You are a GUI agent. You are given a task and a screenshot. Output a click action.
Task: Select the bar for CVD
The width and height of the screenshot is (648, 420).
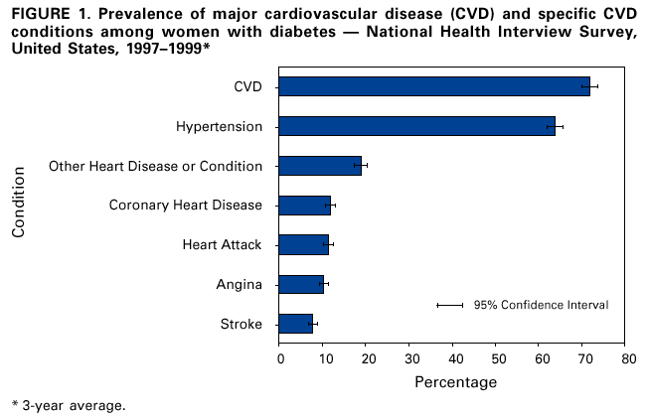434,86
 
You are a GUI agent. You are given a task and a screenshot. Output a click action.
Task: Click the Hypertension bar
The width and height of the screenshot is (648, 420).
416,126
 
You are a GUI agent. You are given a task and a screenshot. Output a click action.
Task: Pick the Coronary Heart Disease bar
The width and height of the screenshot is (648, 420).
304,206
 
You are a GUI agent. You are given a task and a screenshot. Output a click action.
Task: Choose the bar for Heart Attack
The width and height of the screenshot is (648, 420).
303,244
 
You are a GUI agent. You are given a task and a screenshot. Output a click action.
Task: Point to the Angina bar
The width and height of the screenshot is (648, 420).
301,284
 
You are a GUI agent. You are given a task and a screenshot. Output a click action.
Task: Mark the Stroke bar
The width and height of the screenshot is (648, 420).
296,324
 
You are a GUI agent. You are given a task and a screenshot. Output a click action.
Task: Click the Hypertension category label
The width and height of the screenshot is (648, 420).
219,126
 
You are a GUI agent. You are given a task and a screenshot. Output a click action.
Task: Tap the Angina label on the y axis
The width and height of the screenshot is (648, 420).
239,285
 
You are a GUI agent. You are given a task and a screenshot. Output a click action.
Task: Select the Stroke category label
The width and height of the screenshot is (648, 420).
241,325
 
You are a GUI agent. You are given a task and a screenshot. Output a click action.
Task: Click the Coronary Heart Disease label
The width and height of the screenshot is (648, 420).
185,206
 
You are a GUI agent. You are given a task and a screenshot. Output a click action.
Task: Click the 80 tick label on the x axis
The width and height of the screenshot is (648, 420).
625,357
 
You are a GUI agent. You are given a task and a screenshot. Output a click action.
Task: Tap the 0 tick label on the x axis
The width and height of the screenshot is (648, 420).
280,357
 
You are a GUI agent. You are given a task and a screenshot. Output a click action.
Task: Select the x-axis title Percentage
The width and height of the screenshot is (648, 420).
453,381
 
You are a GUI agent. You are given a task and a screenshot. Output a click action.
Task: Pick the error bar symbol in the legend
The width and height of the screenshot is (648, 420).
449,305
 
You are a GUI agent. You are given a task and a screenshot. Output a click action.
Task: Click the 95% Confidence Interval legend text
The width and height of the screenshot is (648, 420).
541,305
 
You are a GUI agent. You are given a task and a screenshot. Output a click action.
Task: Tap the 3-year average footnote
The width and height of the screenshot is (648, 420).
69,405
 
